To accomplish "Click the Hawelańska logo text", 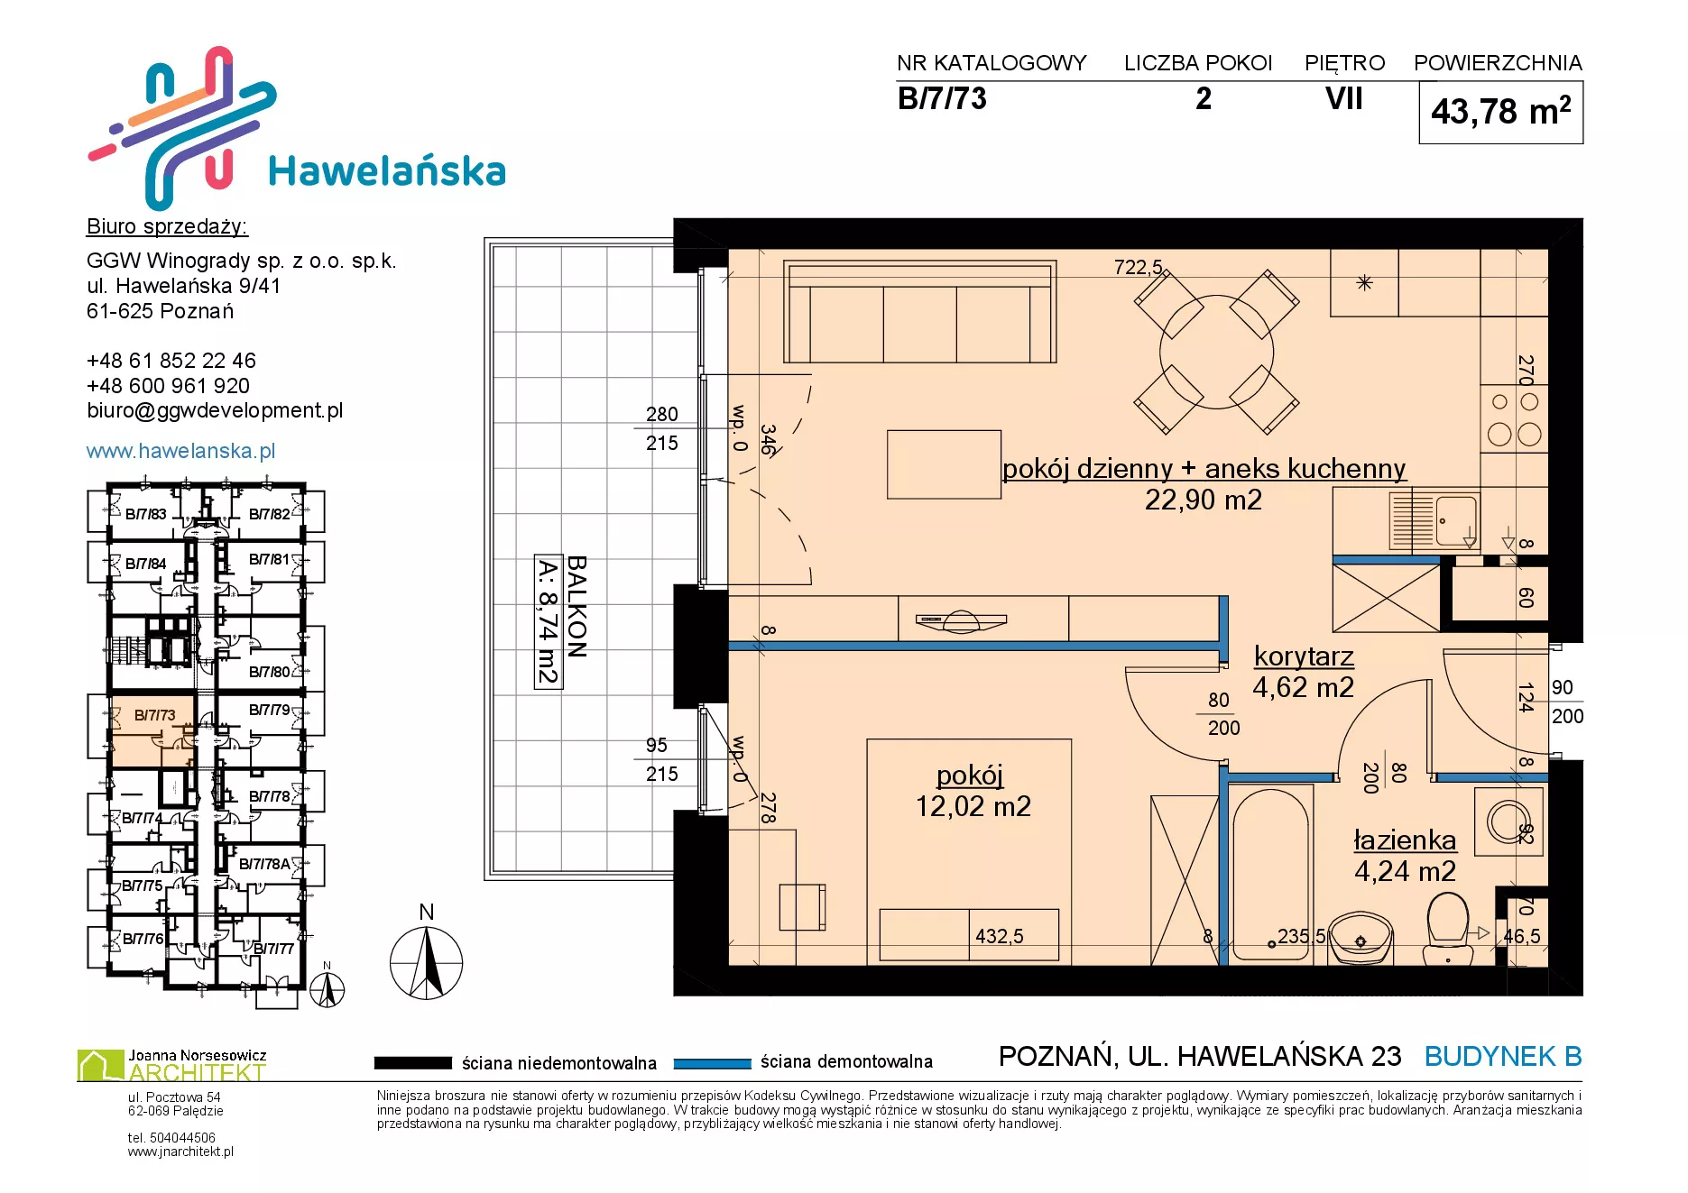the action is pyautogui.click(x=387, y=170).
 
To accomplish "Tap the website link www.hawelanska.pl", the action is pyautogui.click(x=180, y=451).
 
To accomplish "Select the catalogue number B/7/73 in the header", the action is pyautogui.click(x=942, y=98).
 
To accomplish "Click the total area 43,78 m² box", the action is pyautogui.click(x=1500, y=112).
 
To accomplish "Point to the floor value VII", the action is pyautogui.click(x=1343, y=98).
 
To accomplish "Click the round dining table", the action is pyautogui.click(x=1216, y=352).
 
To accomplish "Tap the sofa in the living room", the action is pyautogui.click(x=920, y=312).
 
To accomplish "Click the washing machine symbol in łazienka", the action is pyautogui.click(x=1508, y=821).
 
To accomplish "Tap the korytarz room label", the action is pyautogui.click(x=1304, y=656).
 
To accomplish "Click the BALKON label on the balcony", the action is pyautogui.click(x=577, y=606).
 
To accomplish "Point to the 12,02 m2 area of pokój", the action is pyautogui.click(x=973, y=806).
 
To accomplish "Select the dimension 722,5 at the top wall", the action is pyautogui.click(x=1138, y=267).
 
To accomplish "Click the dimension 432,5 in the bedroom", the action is pyautogui.click(x=999, y=936).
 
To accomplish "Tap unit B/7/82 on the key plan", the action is pyautogui.click(x=270, y=514).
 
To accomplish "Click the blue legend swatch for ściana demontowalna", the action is pyautogui.click(x=712, y=1063).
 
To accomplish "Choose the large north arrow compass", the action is pyautogui.click(x=426, y=961).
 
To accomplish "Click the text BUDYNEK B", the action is pyautogui.click(x=1503, y=1056).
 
